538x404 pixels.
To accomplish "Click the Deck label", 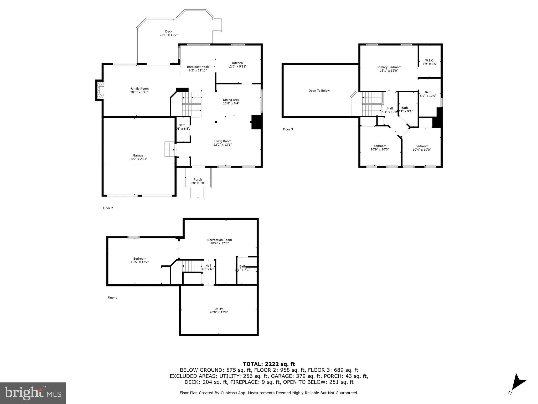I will pos(169,32).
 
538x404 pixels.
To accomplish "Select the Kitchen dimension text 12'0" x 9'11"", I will pos(237,67).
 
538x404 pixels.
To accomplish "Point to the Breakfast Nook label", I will pos(198,67).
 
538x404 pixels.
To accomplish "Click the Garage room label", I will pos(138,155).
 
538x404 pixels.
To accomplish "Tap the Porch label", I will pos(198,180).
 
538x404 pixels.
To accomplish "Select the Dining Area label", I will pos(231,100).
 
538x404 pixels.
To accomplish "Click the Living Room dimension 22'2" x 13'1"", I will pos(222,145).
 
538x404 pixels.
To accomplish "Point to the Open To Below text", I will pos(319,91).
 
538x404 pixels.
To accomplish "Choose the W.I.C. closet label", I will pos(430,60).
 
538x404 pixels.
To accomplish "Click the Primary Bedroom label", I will pos(389,67).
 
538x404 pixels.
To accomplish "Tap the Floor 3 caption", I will pos(288,129).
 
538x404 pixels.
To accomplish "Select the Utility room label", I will pos(219,309).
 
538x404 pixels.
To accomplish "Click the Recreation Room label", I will pos(219,240).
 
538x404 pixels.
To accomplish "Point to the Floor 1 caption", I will pos(112,298).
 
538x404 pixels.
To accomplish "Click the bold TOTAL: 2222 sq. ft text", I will pos(269,364).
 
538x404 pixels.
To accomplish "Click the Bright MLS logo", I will pos(33,393).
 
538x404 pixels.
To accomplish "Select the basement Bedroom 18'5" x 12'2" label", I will pos(139,259).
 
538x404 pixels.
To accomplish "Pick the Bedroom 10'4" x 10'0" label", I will pos(422,146).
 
